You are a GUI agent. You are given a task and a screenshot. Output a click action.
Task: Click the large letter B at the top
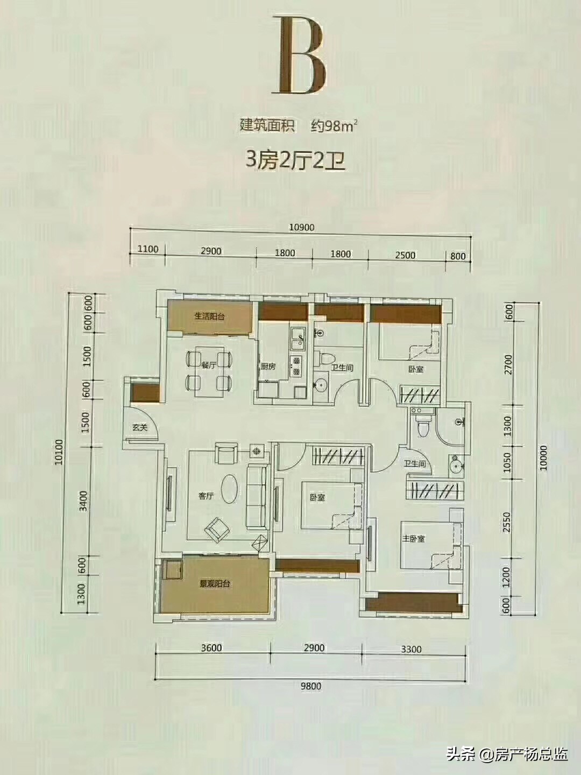pyautogui.click(x=301, y=55)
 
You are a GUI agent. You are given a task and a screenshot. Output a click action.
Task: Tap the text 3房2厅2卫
pyautogui.click(x=295, y=161)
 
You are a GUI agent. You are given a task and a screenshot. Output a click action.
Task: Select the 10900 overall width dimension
pyautogui.click(x=301, y=227)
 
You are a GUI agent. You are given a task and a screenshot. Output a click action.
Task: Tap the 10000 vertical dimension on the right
pyautogui.click(x=543, y=458)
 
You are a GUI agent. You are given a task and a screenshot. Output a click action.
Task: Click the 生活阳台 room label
pyautogui.click(x=210, y=316)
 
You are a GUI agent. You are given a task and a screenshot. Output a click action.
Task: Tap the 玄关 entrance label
pyautogui.click(x=139, y=427)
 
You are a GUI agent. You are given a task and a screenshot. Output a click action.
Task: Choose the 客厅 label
pyautogui.click(x=206, y=496)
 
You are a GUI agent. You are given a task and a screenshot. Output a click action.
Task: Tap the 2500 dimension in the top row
pyautogui.click(x=405, y=255)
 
